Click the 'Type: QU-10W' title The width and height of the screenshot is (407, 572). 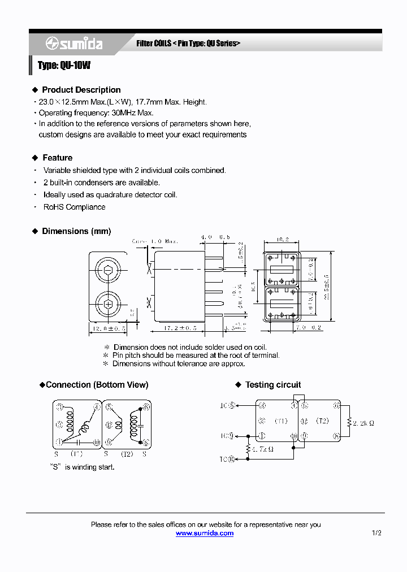tap(64, 66)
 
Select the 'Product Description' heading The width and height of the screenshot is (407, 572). tap(81, 90)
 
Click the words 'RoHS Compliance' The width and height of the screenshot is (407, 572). tap(74, 207)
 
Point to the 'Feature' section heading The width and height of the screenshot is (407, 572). tap(57, 158)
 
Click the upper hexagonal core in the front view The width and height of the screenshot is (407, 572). tap(108, 270)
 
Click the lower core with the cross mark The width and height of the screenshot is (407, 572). tap(108, 305)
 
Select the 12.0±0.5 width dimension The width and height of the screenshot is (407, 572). tap(107, 328)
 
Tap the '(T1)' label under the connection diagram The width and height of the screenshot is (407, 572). tap(76, 454)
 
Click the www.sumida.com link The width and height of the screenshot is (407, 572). tap(205, 533)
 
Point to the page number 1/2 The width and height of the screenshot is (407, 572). tap(376, 533)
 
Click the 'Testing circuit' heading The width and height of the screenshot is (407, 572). tap(272, 385)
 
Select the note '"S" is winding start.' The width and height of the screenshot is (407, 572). tap(82, 467)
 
